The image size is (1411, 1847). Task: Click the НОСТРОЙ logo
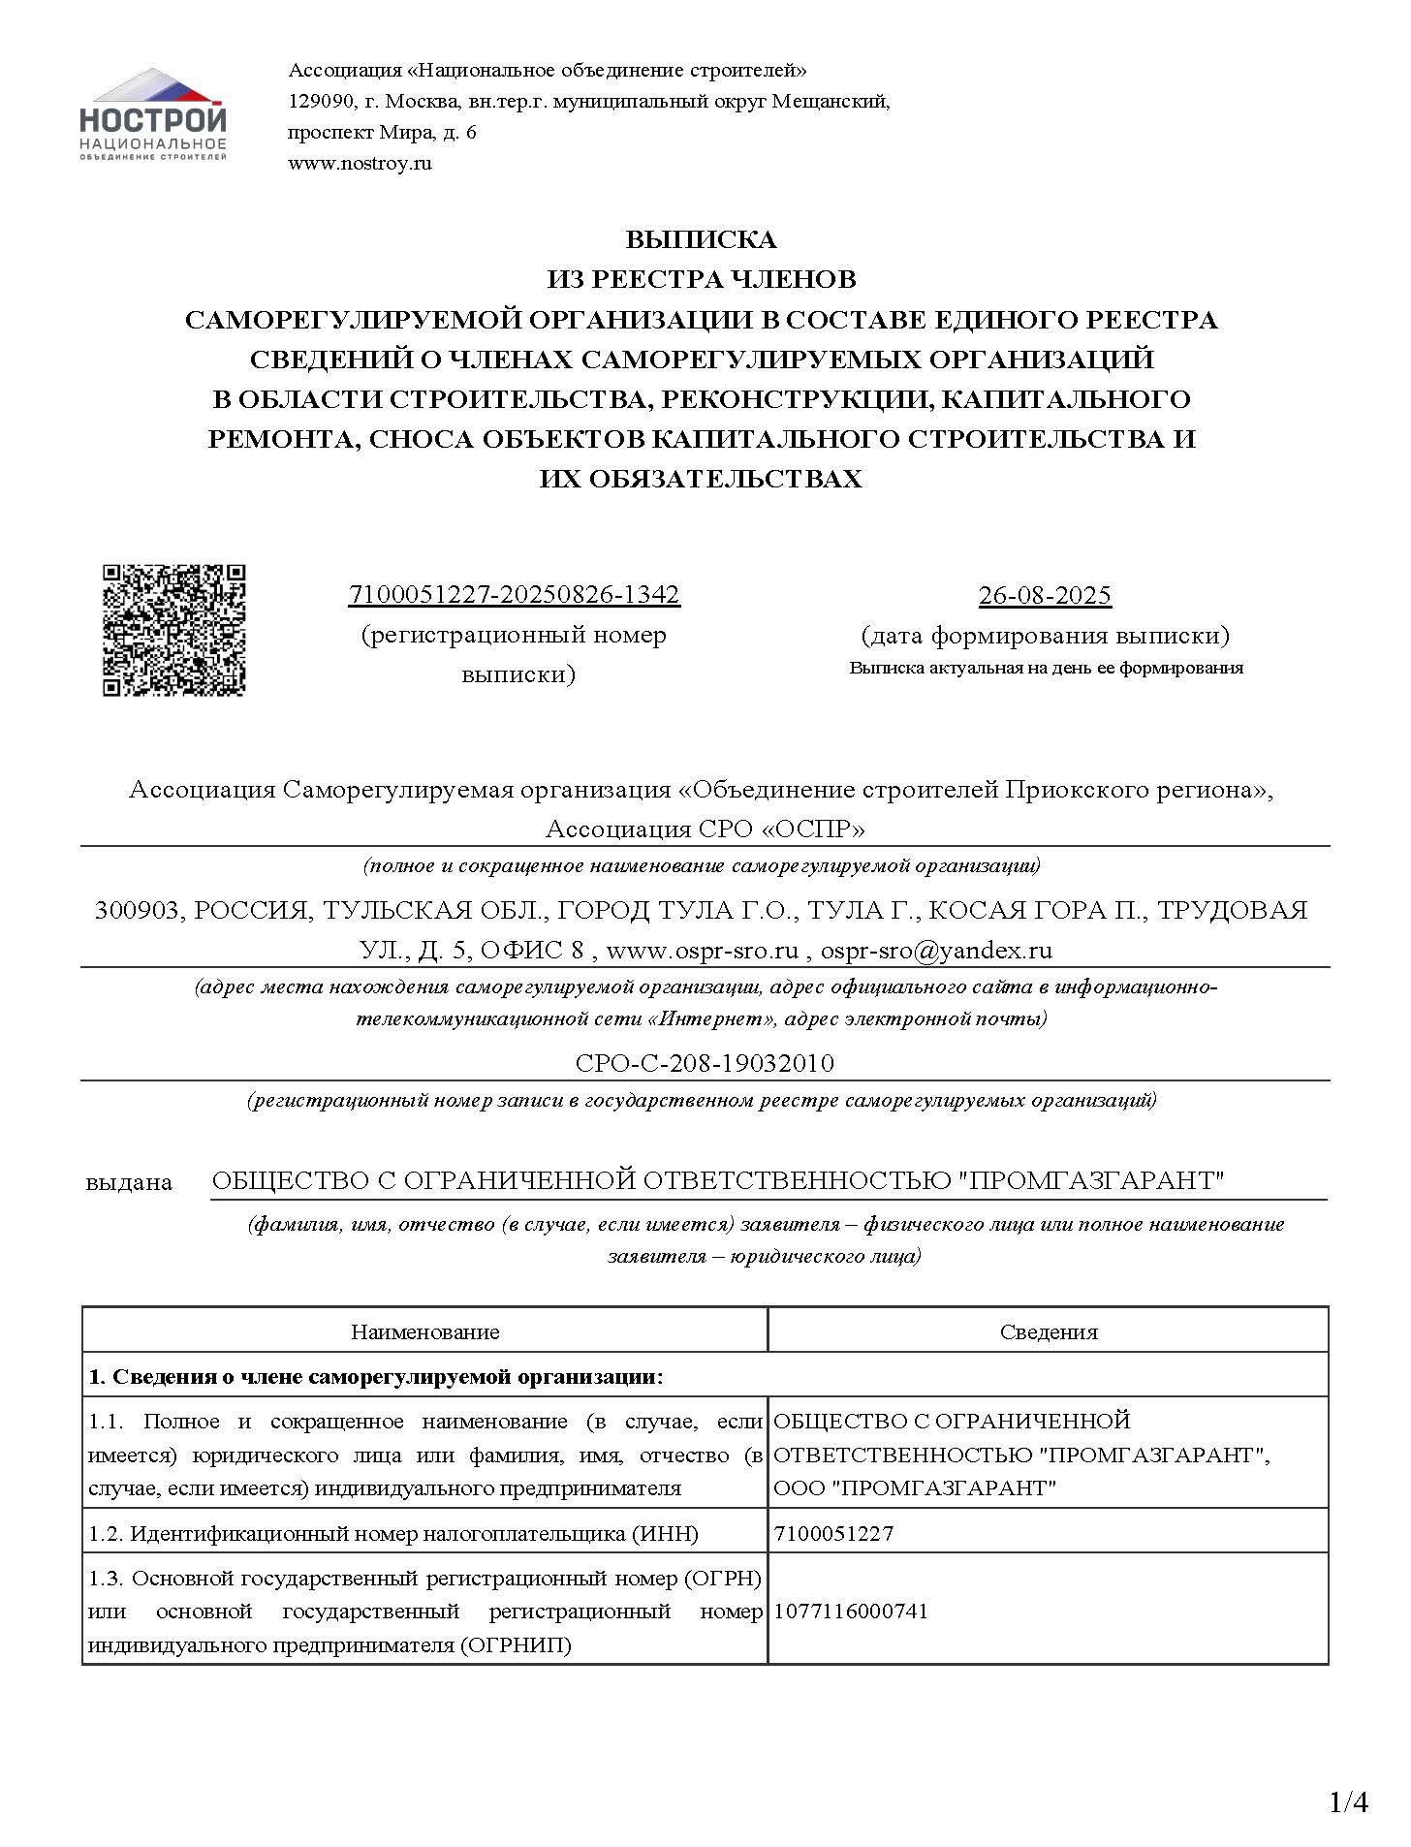[153, 114]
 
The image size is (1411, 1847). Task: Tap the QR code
[174, 630]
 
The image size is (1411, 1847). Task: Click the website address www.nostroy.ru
[360, 163]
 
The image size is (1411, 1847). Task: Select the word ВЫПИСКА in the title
[701, 239]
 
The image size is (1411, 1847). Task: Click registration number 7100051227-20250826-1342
[514, 594]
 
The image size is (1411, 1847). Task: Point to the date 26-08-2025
[1045, 595]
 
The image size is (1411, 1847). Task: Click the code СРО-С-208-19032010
[705, 1063]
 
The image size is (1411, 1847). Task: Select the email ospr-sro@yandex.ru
[936, 950]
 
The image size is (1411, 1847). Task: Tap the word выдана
[129, 1182]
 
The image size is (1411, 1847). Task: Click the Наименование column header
[424, 1331]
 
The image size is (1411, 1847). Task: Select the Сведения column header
[1049, 1331]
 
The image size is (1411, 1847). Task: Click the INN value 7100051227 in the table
[833, 1533]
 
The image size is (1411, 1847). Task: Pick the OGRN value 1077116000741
[851, 1611]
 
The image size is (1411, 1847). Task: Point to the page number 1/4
[1348, 1801]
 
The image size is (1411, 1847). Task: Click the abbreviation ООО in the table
[799, 1487]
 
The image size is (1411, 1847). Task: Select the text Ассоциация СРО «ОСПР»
[705, 830]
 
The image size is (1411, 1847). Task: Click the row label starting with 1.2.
[393, 1533]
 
